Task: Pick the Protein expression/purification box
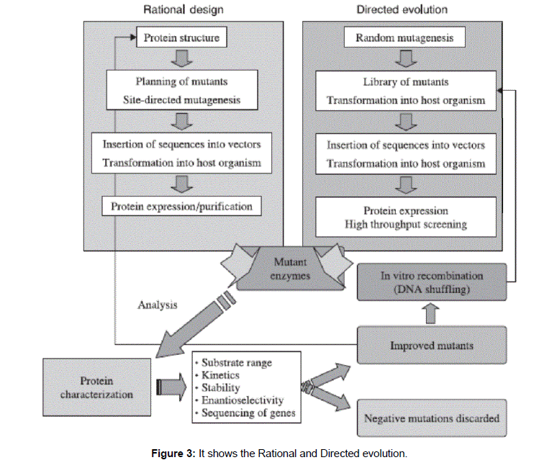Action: pyautogui.click(x=181, y=207)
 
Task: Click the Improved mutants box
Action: pyautogui.click(x=431, y=345)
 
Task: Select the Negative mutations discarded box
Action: pyautogui.click(x=431, y=418)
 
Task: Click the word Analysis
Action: pyautogui.click(x=158, y=305)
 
